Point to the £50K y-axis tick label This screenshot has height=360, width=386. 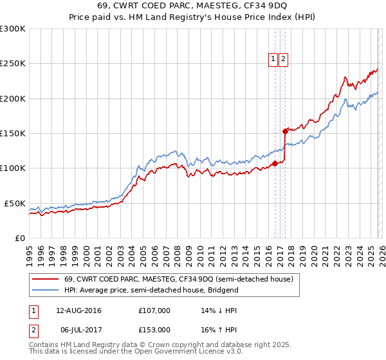[15, 203]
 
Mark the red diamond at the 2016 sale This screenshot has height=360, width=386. [275, 163]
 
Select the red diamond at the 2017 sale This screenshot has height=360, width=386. [284, 131]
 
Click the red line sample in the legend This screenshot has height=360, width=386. [46, 279]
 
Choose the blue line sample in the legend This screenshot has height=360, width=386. [46, 290]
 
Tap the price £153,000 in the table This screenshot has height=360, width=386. [154, 329]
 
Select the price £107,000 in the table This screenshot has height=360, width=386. [154, 310]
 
